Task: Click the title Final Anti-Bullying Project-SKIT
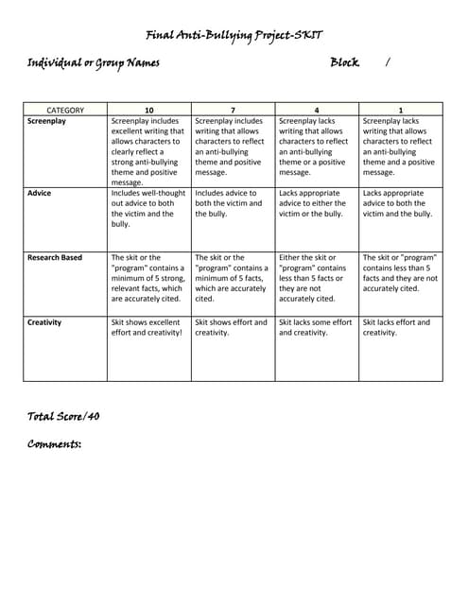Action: click(x=234, y=35)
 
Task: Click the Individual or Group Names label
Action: click(x=93, y=63)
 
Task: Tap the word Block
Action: click(x=344, y=62)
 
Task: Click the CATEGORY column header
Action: click(x=65, y=111)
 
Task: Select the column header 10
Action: click(x=149, y=111)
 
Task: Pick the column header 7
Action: click(x=233, y=111)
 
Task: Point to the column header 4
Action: click(x=317, y=111)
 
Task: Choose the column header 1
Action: click(x=401, y=111)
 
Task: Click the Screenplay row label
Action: click(x=47, y=121)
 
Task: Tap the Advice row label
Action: click(x=40, y=193)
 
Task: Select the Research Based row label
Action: click(x=55, y=257)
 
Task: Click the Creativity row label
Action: click(x=44, y=322)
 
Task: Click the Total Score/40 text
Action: click(x=63, y=415)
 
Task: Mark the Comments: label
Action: click(x=54, y=443)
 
